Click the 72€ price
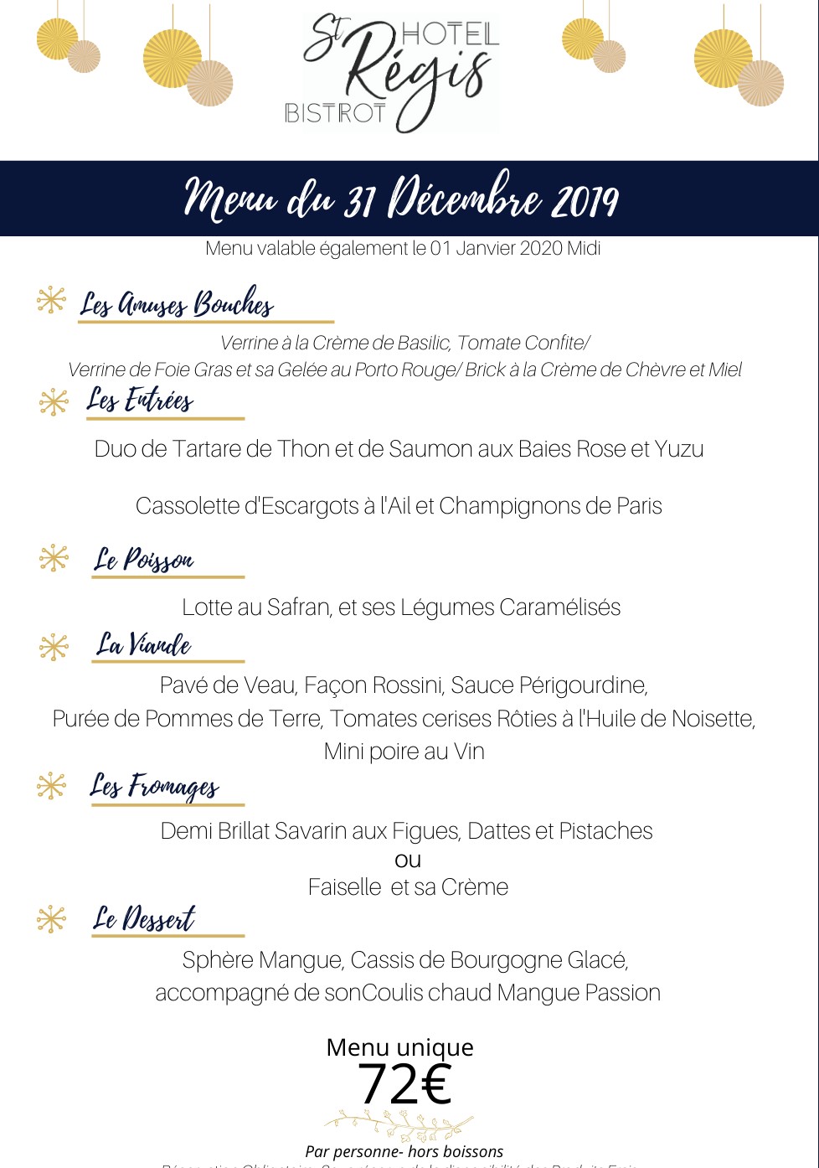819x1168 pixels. tap(404, 1084)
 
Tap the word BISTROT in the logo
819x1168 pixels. tap(335, 113)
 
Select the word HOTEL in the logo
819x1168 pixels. tap(450, 34)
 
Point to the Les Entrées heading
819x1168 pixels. tap(141, 401)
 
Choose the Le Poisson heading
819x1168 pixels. tap(144, 560)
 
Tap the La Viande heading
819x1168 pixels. tap(144, 644)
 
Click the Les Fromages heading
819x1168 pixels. tap(155, 786)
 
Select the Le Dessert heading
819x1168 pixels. tap(144, 919)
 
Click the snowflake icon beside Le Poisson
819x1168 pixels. tap(54, 558)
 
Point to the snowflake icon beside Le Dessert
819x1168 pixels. tap(52, 919)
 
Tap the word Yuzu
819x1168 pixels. tap(679, 449)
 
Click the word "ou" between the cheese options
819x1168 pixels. tap(408, 860)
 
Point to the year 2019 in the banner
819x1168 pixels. tap(585, 200)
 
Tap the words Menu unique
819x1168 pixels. tap(400, 1047)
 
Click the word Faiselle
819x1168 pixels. tap(345, 887)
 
